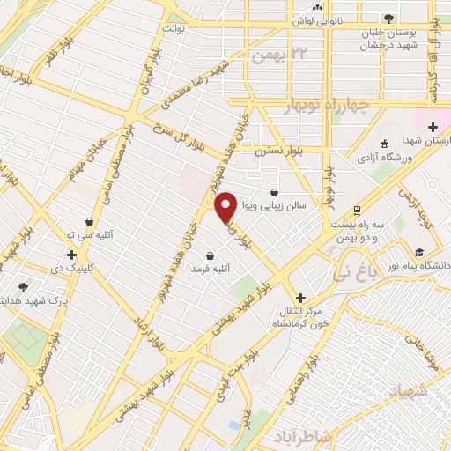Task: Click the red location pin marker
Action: pos(226,206)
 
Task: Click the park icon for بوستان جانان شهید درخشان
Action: pos(388,18)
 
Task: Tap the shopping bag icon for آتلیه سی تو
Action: pos(89,221)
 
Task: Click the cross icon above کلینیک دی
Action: pos(72,255)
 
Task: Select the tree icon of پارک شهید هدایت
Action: pos(23,287)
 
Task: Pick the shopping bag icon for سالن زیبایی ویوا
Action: pos(275,191)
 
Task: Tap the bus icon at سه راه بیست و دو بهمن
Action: pos(356,210)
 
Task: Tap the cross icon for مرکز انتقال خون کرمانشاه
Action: pos(301,298)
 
